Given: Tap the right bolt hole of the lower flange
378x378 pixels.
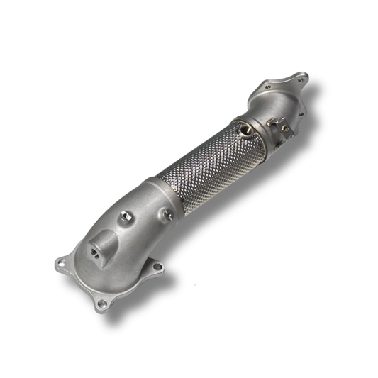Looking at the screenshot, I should click(157, 267).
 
